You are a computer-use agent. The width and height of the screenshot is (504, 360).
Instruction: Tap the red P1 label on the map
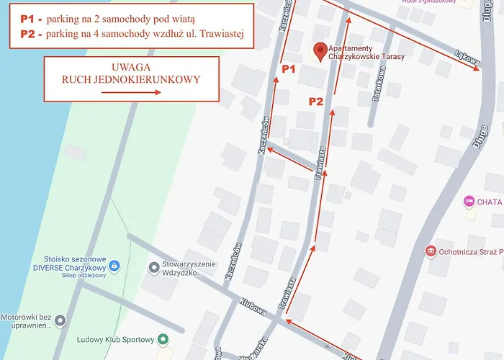click(289, 69)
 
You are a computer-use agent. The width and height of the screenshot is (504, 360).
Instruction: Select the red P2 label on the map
click(316, 102)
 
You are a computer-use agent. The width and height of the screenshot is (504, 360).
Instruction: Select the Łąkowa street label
click(468, 60)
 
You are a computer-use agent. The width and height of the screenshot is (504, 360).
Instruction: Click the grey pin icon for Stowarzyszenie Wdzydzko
click(153, 268)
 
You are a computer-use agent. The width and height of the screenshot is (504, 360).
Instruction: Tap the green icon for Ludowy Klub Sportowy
click(163, 340)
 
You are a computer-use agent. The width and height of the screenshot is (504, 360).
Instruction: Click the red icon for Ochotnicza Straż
click(431, 251)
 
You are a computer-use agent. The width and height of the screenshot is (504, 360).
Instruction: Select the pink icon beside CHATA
click(469, 202)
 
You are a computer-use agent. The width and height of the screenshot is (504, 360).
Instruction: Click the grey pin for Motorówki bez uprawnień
click(60, 320)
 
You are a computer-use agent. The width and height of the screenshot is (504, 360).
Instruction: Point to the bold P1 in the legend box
click(30, 18)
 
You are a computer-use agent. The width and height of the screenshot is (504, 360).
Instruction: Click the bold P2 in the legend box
click(30, 34)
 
